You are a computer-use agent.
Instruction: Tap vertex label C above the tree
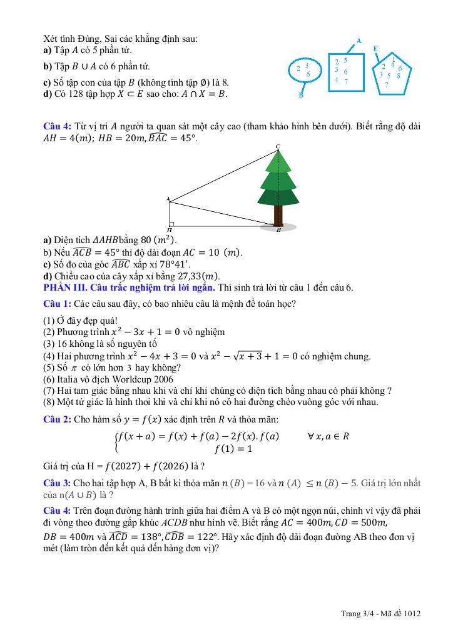[278, 146]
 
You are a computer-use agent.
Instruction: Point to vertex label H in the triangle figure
[170, 230]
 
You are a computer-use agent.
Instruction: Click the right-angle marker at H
[171, 222]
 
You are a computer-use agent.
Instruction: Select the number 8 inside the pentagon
[399, 76]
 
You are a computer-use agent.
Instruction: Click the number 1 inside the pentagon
[393, 59]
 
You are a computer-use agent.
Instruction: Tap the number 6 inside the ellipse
[308, 74]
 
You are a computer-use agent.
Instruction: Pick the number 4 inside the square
[337, 80]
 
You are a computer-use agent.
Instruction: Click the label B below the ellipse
[301, 96]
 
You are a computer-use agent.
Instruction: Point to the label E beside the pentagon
[375, 48]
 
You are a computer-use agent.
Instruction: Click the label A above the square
[359, 41]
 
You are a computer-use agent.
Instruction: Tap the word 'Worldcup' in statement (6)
[128, 379]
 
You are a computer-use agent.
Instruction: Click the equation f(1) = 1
[233, 449]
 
